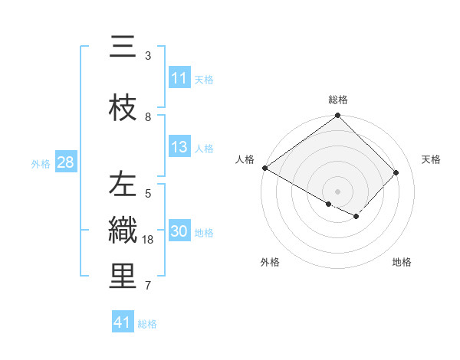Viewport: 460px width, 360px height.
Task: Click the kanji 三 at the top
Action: (123, 48)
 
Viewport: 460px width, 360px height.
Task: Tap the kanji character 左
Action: (123, 186)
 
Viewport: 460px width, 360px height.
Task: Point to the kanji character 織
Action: (123, 232)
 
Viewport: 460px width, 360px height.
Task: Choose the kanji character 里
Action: (123, 278)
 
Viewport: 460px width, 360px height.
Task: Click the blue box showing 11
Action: (179, 78)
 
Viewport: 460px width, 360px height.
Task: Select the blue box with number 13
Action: (179, 148)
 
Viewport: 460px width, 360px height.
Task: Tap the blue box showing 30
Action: (179, 232)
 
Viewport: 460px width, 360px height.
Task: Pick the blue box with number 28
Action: (65, 162)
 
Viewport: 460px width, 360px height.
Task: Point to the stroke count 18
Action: (149, 240)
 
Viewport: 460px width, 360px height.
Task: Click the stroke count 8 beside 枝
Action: (148, 117)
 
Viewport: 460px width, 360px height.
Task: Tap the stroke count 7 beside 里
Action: (148, 286)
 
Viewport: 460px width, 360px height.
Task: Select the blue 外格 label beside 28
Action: (41, 163)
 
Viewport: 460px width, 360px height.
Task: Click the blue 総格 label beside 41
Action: (147, 323)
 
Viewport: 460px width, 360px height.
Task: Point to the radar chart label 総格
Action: (338, 100)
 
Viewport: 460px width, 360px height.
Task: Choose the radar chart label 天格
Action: (432, 159)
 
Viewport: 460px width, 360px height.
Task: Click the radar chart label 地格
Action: (402, 262)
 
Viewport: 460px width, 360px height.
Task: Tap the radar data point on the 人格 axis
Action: (264, 168)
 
